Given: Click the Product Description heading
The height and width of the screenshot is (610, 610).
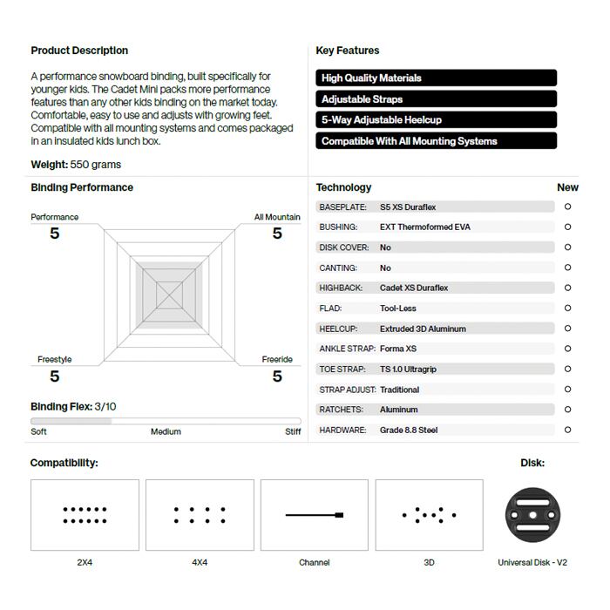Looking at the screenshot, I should point(79,51).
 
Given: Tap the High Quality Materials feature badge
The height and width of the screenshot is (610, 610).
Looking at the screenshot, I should point(436,78).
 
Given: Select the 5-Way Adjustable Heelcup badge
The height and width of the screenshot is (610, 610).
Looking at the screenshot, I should point(436,120).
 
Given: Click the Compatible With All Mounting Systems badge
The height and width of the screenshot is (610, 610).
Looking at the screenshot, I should point(436,141).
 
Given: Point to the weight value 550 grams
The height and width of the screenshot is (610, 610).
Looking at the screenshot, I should point(96,165).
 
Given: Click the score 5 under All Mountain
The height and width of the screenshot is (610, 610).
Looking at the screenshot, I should point(277,234).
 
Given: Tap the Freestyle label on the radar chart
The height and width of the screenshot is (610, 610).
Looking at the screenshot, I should point(55,359).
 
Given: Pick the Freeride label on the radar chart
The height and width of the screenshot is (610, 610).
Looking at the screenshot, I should point(277,359).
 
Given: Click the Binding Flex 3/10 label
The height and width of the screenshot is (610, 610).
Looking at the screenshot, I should point(73,407).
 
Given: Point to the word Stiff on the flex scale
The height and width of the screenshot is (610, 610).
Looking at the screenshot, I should point(293,431).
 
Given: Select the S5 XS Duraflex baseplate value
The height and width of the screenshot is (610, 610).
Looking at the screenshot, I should point(408,207).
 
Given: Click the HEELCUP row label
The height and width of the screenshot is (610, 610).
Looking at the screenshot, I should point(338,329).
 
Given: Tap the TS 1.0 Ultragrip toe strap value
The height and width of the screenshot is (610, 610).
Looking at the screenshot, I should point(408,369).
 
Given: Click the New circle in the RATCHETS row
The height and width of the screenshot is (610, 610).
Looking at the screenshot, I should point(568,410).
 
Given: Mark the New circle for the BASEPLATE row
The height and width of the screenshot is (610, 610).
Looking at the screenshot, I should point(568,207).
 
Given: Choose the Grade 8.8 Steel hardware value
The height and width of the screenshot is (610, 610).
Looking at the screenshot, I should point(409,430).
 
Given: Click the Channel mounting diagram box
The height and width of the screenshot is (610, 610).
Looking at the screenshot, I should point(315,515).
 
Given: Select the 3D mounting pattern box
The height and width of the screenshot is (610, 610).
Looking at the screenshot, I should point(429,515).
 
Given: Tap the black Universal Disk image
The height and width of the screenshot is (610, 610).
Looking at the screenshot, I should point(532,515).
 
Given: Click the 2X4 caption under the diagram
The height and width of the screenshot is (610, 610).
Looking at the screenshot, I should point(85,563).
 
